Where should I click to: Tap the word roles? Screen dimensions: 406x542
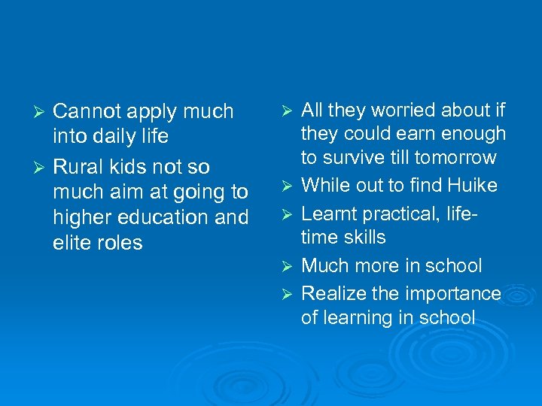(x=120, y=243)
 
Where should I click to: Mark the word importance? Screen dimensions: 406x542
(x=452, y=293)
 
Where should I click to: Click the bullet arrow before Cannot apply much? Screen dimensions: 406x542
(x=43, y=112)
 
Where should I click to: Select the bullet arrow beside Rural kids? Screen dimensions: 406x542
(x=43, y=167)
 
